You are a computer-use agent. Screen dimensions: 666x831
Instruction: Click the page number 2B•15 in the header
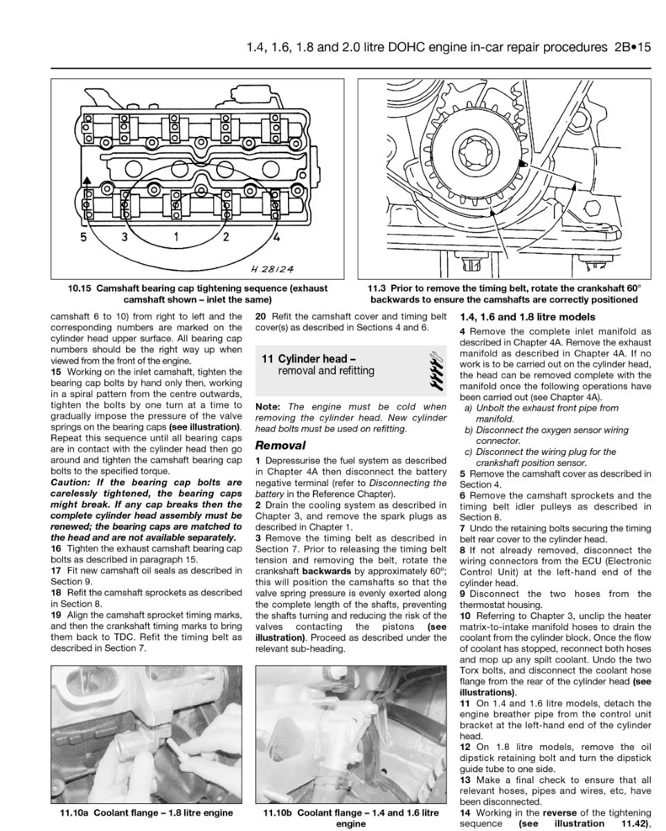point(632,47)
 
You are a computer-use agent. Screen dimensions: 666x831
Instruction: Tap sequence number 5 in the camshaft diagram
point(84,237)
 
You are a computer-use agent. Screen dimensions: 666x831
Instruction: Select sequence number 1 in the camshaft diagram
point(176,236)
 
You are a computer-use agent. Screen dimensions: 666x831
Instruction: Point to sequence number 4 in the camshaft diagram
point(276,236)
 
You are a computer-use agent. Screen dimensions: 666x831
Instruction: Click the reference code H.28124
point(272,269)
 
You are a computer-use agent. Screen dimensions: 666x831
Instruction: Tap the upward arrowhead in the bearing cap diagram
point(87,180)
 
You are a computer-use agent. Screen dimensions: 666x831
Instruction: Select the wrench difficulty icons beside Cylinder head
point(436,370)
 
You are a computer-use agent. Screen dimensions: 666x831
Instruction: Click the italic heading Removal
point(280,445)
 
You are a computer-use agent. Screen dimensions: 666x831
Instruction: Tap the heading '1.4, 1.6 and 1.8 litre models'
point(527,317)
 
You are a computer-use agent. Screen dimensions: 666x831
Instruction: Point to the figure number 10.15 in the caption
point(80,289)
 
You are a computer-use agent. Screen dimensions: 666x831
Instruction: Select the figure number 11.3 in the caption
point(377,289)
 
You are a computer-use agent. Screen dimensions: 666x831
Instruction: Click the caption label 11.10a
point(74,812)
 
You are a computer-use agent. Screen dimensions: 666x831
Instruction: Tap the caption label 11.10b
point(277,812)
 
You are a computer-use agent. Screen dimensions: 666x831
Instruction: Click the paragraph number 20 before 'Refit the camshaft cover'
point(260,316)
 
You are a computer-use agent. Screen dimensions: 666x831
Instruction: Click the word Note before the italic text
point(267,406)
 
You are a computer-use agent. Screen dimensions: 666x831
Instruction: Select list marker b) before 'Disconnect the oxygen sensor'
point(469,430)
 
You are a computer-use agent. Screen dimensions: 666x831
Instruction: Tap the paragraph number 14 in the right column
point(465,812)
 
